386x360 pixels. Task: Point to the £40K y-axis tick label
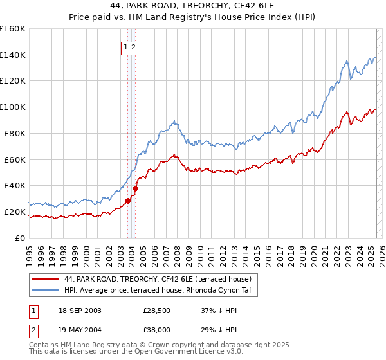[x=14, y=185]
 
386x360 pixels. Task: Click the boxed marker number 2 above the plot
[x=133, y=46]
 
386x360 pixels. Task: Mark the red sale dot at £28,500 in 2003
[x=127, y=201]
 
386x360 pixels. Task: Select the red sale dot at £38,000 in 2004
[x=135, y=188]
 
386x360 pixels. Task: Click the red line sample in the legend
[x=45, y=279]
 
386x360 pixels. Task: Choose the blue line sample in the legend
[x=45, y=291]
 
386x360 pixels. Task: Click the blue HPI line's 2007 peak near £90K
[x=174, y=120]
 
